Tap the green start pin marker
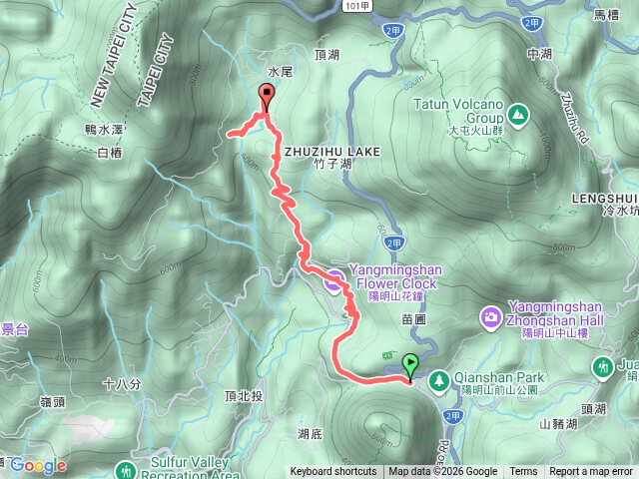coord(409,366)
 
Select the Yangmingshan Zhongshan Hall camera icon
coord(490,317)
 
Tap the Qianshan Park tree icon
coord(438,379)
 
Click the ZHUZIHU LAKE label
coord(332,151)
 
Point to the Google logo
coord(38,466)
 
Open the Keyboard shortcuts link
coord(333,472)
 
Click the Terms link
coord(523,472)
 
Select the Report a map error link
coord(591,472)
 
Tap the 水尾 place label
coord(279,72)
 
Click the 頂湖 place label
coord(327,55)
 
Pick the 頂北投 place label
coord(244,395)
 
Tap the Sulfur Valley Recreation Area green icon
coord(126,469)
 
